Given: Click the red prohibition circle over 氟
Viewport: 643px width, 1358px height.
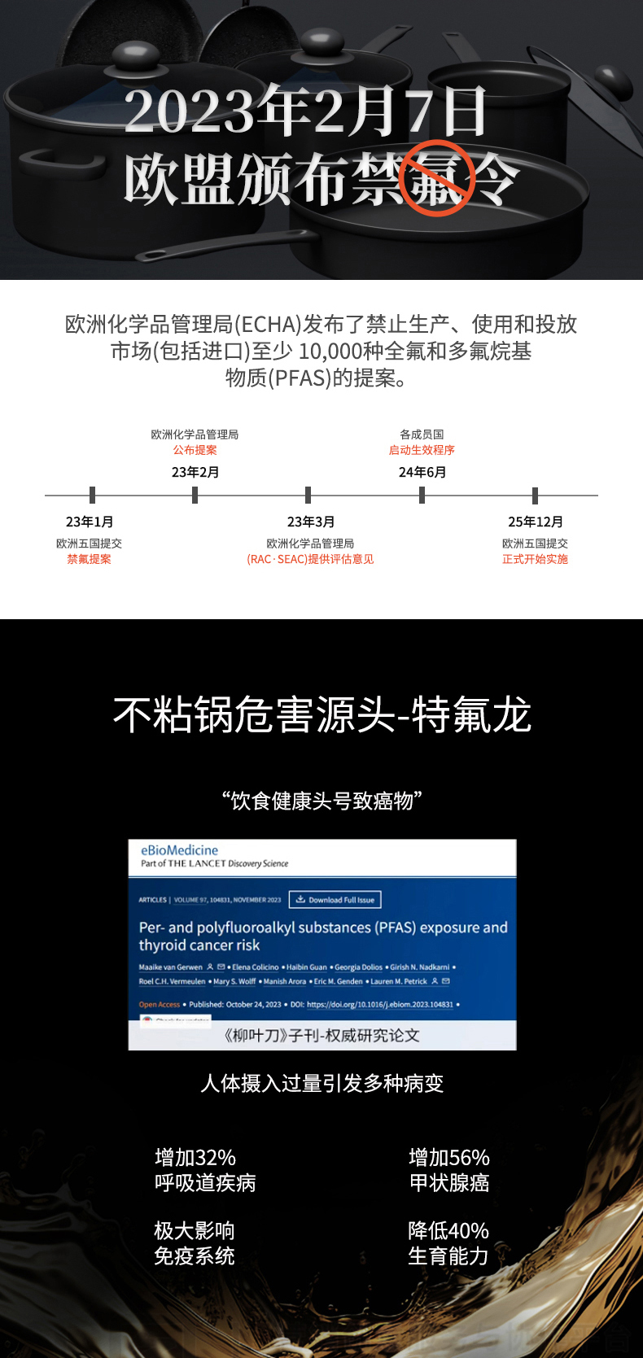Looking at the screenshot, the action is [x=437, y=178].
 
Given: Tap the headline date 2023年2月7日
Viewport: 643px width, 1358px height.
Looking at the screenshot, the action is [x=305, y=111].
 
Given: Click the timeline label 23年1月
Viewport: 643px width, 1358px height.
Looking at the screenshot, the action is [x=90, y=522].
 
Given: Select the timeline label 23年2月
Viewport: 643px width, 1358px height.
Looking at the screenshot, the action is [x=195, y=472].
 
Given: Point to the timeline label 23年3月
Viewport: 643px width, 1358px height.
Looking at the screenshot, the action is [x=310, y=522].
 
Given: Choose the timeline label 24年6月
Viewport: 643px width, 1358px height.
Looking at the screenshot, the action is [x=422, y=472].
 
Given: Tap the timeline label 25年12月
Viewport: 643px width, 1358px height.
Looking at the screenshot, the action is [x=535, y=522].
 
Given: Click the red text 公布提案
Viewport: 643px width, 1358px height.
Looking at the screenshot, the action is [x=195, y=450].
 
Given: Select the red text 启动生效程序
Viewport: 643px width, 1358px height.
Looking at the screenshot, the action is [x=422, y=450].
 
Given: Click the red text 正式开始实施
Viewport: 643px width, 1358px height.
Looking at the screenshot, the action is [x=535, y=559].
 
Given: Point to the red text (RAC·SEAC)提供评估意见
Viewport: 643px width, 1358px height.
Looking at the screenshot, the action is [x=310, y=559].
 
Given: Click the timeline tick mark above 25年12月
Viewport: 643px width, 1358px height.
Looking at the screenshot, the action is [x=535, y=495].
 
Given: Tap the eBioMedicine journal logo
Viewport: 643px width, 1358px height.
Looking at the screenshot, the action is [x=179, y=850].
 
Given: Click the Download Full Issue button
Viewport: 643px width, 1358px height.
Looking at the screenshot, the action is [x=335, y=899].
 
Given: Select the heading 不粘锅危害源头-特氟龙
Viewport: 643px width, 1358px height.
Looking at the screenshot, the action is [x=321, y=715].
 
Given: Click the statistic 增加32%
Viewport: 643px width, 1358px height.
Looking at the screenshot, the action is [x=195, y=1157].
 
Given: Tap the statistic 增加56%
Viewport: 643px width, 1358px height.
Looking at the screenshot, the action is [x=448, y=1157].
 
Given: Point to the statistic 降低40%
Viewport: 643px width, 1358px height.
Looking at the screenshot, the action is [x=448, y=1230].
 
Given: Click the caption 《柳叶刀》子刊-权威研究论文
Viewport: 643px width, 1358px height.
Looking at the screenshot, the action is [x=321, y=1035].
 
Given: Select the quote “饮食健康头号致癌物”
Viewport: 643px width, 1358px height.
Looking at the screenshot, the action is [x=321, y=801].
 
